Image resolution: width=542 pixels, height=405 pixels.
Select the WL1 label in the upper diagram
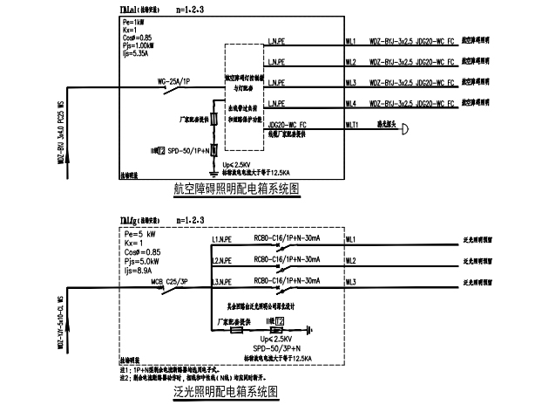click(x=351, y=40)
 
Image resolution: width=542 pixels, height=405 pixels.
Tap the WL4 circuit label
click(x=351, y=104)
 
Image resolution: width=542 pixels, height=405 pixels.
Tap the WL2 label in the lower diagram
click(x=351, y=259)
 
